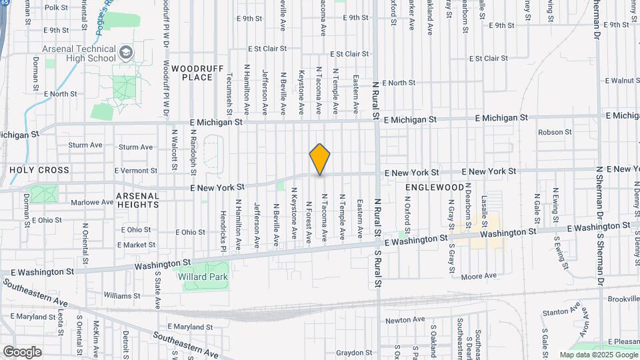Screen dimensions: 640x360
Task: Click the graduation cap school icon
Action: point(125,52)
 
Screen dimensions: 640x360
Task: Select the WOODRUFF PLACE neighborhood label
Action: point(192,73)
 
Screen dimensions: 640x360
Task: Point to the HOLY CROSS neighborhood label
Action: point(39,170)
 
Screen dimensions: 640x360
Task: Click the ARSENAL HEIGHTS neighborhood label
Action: point(138,201)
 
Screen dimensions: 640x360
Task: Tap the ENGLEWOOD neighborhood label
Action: point(434,188)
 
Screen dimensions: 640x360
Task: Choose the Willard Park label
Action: point(203,277)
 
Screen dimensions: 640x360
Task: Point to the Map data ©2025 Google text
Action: point(597,355)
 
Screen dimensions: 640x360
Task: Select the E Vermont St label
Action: point(135,171)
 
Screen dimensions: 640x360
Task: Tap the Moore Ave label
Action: point(479,275)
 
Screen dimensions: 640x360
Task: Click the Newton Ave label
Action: point(405,320)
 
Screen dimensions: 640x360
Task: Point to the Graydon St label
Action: point(353,353)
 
